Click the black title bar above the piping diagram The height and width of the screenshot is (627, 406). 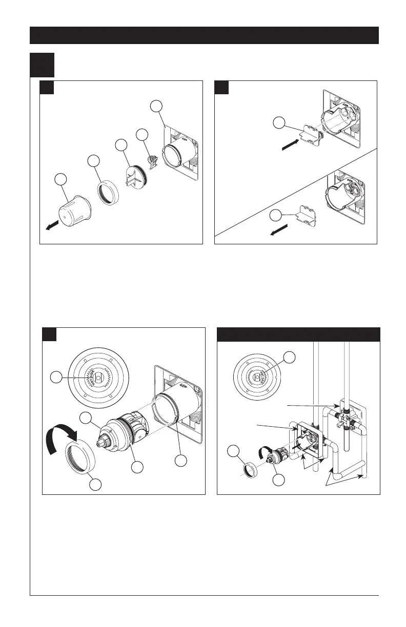pyautogui.click(x=298, y=334)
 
